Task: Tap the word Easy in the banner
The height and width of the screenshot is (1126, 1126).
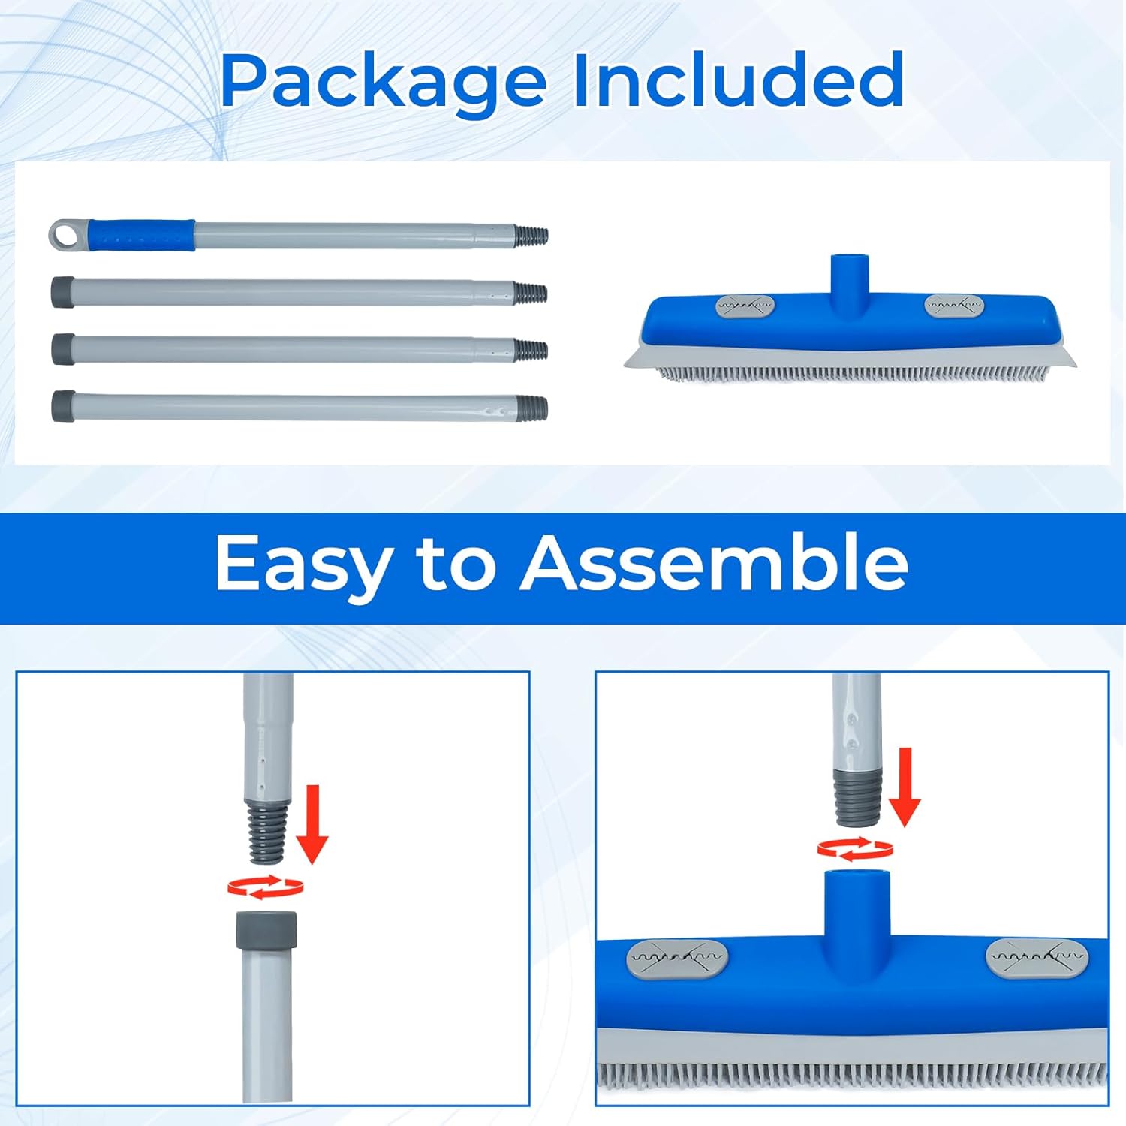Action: pyautogui.click(x=303, y=565)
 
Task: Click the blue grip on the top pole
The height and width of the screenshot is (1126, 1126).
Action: pyautogui.click(x=141, y=235)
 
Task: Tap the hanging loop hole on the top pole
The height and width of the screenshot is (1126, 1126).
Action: pyautogui.click(x=70, y=235)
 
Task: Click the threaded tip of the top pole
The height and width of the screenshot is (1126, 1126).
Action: pyautogui.click(x=531, y=235)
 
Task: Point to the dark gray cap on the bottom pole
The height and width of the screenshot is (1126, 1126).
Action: pyautogui.click(x=63, y=405)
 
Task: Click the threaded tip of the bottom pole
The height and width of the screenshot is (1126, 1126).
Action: pyautogui.click(x=531, y=408)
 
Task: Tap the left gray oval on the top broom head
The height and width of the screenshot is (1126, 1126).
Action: pyautogui.click(x=744, y=306)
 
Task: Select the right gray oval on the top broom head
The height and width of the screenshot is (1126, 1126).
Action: pyautogui.click(x=953, y=305)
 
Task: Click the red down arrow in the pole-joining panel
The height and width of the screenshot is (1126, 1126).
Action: pyautogui.click(x=312, y=824)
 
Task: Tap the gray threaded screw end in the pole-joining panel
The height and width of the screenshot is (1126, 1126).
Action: pyautogui.click(x=266, y=829)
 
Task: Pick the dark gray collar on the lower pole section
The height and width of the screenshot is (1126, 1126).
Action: pyautogui.click(x=266, y=929)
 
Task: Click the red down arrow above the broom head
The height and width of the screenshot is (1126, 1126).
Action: pyautogui.click(x=905, y=787)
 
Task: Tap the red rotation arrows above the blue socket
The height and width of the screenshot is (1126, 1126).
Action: pyautogui.click(x=855, y=849)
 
